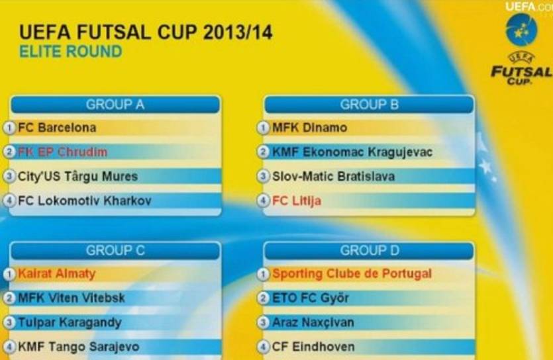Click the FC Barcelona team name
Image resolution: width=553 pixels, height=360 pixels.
pos(57,128)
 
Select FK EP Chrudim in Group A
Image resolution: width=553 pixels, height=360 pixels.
pos(62,152)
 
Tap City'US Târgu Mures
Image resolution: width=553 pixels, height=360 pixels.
pos(77,177)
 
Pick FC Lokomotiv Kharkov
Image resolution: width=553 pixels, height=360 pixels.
pos(85,201)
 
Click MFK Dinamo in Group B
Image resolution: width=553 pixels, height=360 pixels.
pos(310,128)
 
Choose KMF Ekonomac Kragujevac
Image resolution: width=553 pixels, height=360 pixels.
pos(352,152)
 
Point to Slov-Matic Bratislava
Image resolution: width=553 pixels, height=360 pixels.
pos(333,177)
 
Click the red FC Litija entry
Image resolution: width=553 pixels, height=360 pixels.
pos(297,201)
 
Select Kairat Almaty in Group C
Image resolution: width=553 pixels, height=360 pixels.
pos(57,274)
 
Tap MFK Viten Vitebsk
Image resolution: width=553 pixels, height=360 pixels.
pos(72,298)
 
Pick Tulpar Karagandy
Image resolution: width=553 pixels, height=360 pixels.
pos(70,323)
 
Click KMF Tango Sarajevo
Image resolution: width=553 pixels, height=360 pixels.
pos(79,347)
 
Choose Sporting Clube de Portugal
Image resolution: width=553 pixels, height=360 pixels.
pos(352,274)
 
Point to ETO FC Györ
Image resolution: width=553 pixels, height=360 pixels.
pos(311,298)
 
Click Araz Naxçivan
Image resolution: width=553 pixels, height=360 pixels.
pos(313,323)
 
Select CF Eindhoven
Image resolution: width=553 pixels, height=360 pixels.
pos(313,347)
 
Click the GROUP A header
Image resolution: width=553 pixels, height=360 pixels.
pos(115,105)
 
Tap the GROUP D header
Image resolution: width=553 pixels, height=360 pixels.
pos(370,250)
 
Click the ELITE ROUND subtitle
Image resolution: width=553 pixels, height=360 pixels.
pos(71,52)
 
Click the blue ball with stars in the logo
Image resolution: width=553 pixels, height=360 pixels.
pos(521,30)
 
